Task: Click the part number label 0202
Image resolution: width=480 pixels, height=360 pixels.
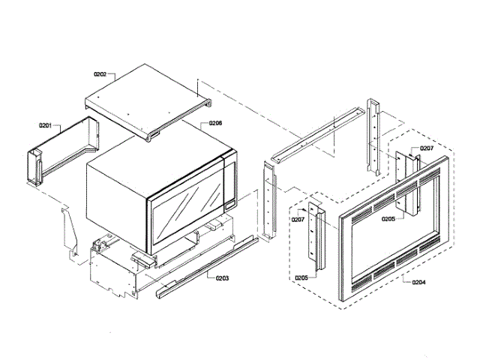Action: point(100,74)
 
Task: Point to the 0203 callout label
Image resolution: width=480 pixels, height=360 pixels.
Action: point(220,277)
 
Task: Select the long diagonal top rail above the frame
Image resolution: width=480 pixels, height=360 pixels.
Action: point(315,135)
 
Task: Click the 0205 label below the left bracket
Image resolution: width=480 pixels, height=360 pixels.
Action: point(301,277)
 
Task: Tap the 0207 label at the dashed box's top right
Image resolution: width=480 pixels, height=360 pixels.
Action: point(427,148)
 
